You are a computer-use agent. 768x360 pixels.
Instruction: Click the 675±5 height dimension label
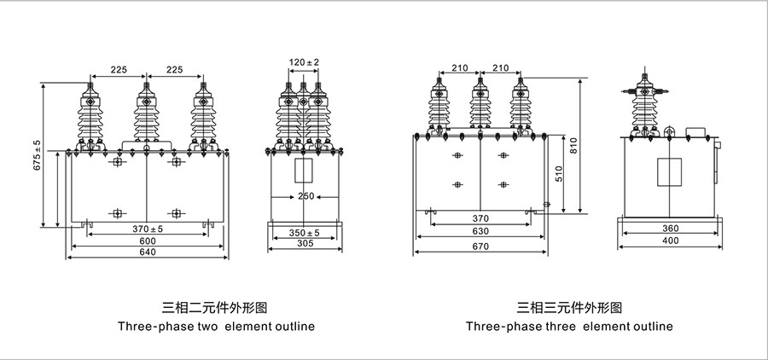37,155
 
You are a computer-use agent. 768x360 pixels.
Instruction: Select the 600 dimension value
148,241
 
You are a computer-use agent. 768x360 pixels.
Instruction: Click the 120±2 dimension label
305,61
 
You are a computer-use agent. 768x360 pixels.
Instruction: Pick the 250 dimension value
305,195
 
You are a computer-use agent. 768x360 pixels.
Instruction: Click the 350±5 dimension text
305,232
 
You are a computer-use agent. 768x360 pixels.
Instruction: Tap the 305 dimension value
305,244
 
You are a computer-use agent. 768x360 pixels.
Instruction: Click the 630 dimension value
480,230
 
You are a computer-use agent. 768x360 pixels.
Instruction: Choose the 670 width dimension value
480,247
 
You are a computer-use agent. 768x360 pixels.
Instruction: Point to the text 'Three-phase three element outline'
569,327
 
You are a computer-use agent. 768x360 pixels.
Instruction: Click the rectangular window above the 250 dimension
305,171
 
